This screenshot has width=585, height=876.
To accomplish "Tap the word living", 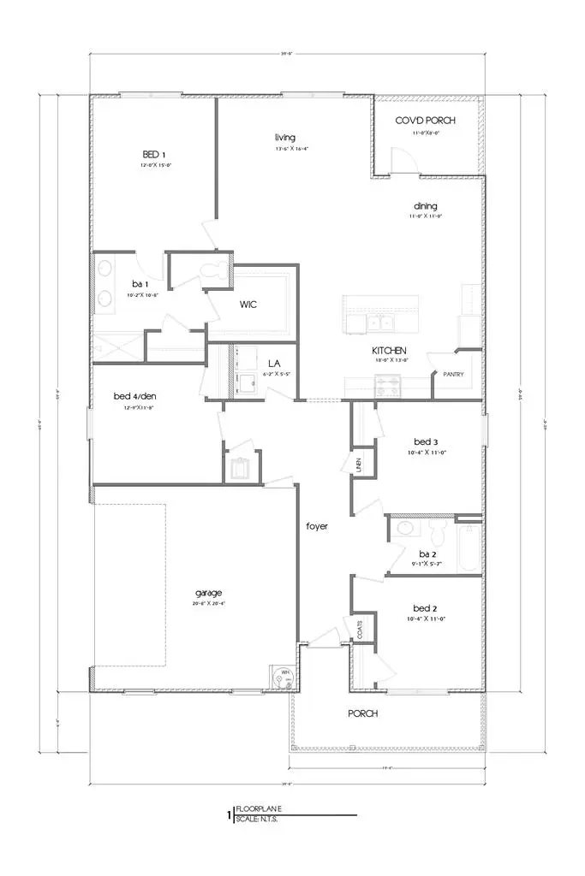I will point(285,137).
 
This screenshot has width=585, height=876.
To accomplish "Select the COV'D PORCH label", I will point(425,121).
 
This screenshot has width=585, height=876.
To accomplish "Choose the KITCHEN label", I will point(388,351).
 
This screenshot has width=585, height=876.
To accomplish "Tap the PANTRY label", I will point(453,374).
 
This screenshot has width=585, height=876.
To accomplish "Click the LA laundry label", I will point(275,364).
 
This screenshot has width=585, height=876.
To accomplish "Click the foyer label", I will point(318,526).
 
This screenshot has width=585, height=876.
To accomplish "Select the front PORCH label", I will point(362,713).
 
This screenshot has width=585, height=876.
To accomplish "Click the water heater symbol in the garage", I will point(279,676).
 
